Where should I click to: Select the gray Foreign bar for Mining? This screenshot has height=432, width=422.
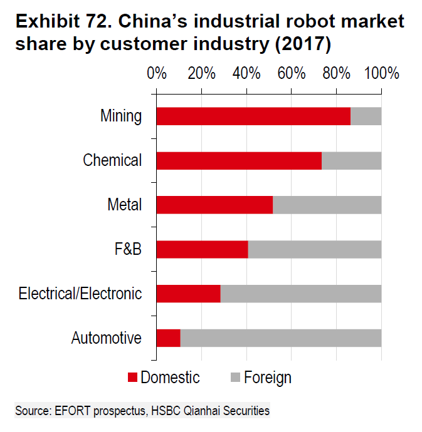(x=366, y=116)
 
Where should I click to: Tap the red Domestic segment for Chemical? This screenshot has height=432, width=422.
(x=238, y=161)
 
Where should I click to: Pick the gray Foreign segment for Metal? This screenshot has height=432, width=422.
(x=327, y=205)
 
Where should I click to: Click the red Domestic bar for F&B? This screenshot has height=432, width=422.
(x=202, y=249)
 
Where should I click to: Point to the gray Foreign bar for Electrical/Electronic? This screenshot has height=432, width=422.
(x=300, y=294)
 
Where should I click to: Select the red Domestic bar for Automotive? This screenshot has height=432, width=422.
(x=168, y=338)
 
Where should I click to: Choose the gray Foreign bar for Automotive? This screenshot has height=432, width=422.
(x=280, y=338)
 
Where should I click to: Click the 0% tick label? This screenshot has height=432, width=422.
(x=156, y=73)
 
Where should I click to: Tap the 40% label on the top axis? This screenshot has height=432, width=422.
(x=246, y=73)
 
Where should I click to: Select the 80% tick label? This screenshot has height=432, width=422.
(x=337, y=73)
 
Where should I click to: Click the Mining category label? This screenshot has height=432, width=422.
(x=121, y=116)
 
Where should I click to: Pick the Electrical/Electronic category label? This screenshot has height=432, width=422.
(x=80, y=294)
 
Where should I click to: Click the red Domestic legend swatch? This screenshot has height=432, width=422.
(x=132, y=378)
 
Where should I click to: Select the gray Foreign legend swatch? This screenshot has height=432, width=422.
(x=235, y=378)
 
